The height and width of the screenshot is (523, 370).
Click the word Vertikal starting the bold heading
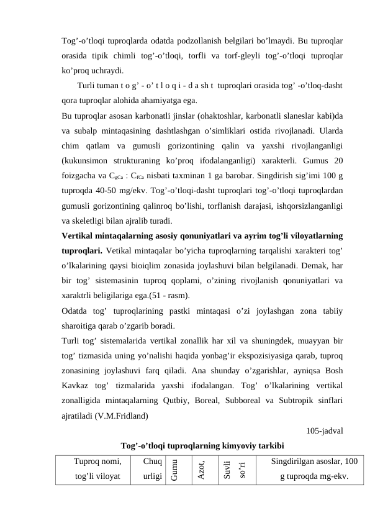[x=80, y=235]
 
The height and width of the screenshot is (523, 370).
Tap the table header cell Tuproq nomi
[x=97, y=462]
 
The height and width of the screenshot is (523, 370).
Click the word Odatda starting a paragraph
[x=77, y=311]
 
